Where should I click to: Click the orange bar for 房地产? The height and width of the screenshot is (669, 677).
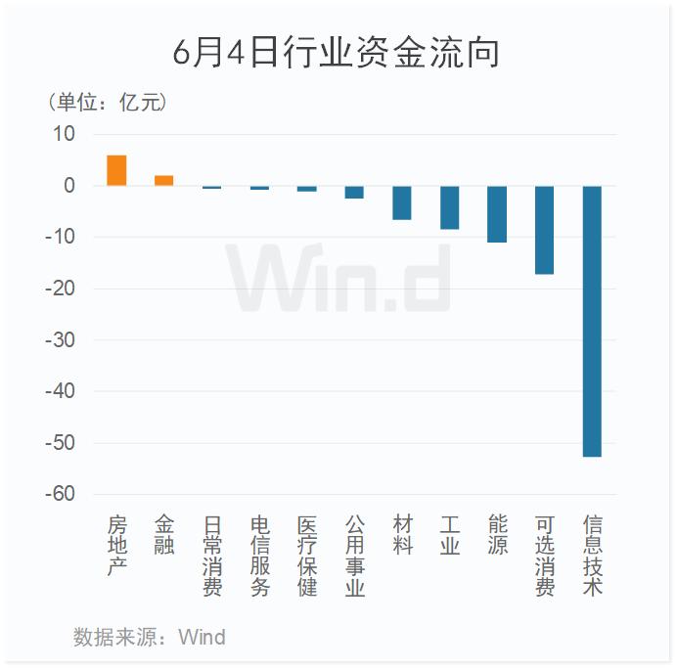pos(116,170)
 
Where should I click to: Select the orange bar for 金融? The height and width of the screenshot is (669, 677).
pos(164,181)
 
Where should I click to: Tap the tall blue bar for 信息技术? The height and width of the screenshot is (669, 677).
pos(593,321)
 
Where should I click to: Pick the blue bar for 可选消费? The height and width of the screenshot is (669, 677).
pos(545,230)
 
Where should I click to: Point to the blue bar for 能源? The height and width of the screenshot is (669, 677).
pos(497,214)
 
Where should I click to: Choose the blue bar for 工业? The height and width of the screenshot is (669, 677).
pos(449,207)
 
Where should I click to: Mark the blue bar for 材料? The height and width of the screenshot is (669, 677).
pos(402,202)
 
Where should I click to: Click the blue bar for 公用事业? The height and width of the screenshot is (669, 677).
pos(354,192)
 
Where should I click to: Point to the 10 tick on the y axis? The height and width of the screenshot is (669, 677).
pos(63,134)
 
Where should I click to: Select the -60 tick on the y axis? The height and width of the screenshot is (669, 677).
pos(60,495)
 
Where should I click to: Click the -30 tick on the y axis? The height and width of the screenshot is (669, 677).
pos(60,340)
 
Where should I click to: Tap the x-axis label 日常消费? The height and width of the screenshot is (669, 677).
pos(212,556)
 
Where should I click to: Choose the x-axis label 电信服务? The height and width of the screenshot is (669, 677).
pos(259,556)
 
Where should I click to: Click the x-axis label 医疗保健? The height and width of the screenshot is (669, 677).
pos(307,556)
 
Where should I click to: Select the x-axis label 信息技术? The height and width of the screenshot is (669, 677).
pos(593,556)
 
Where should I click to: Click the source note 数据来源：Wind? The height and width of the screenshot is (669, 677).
pos(149,638)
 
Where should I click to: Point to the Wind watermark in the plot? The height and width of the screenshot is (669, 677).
pos(338,279)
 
